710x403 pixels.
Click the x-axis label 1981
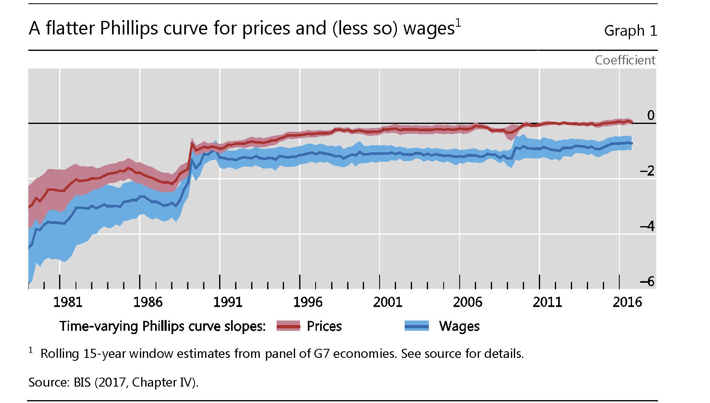[68, 302]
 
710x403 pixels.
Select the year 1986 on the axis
[148, 302]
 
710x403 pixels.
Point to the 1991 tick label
[228, 302]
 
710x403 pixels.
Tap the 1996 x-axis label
[308, 302]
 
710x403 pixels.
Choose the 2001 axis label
[387, 302]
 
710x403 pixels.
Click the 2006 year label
[467, 302]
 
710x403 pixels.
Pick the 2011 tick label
[547, 302]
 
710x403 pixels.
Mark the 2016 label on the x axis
[627, 302]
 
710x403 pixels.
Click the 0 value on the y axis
[650, 115]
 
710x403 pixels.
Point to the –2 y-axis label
[647, 171]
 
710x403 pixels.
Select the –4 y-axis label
[647, 226]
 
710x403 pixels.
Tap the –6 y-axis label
[647, 282]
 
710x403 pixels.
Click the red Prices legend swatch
[288, 326]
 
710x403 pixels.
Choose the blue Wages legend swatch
[417, 326]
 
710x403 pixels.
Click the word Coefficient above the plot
[625, 60]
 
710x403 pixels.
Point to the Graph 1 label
[630, 31]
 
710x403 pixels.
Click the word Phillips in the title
[129, 29]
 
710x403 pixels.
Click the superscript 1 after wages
[458, 23]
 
